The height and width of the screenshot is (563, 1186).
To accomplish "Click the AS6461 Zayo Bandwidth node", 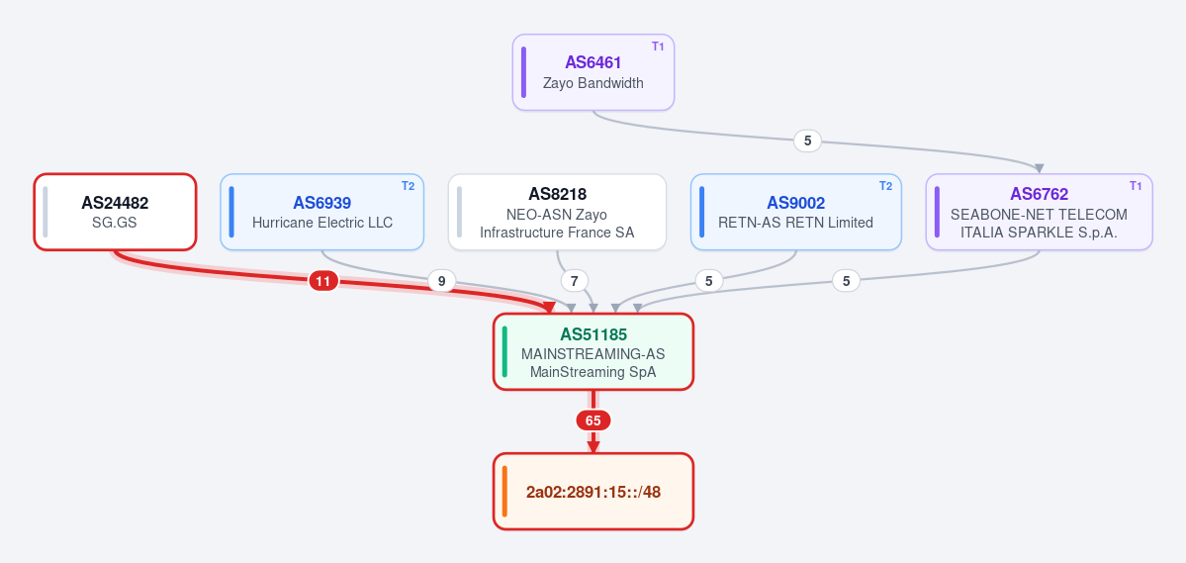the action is tap(593, 72).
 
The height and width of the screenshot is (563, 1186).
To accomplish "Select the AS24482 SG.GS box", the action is tap(115, 211).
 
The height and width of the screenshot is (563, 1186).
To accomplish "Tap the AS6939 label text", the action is tap(322, 203).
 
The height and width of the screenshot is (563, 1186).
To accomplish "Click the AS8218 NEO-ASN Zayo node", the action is tap(558, 211).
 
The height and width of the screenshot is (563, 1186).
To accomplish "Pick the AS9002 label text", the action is tap(795, 203).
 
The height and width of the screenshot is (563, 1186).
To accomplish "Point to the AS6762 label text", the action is tap(1040, 195).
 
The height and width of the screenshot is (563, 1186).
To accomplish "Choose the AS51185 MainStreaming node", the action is tap(593, 351).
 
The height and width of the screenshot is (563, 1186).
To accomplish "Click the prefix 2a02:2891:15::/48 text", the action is tap(593, 492).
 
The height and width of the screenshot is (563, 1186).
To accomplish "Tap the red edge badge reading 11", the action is tap(323, 281).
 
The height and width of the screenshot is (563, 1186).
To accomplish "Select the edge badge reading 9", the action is tap(442, 281).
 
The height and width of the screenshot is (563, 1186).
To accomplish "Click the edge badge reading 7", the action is tap(574, 281).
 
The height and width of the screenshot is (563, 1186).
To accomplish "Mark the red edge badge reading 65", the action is tap(593, 421).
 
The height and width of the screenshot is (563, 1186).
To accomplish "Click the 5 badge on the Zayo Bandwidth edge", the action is tap(807, 140).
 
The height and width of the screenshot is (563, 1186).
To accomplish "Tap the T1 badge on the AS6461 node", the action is tap(658, 47).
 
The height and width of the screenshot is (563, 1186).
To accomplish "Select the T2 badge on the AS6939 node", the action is tap(408, 186).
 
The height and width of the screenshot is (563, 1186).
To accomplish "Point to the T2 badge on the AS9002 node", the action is tap(885, 186).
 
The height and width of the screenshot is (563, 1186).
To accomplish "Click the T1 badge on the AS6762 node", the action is tap(1136, 186).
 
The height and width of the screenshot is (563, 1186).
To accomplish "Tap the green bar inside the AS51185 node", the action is tap(504, 351).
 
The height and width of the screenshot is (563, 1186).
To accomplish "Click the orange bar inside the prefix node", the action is tap(504, 492).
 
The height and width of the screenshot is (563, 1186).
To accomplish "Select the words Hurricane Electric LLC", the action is tap(322, 223).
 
